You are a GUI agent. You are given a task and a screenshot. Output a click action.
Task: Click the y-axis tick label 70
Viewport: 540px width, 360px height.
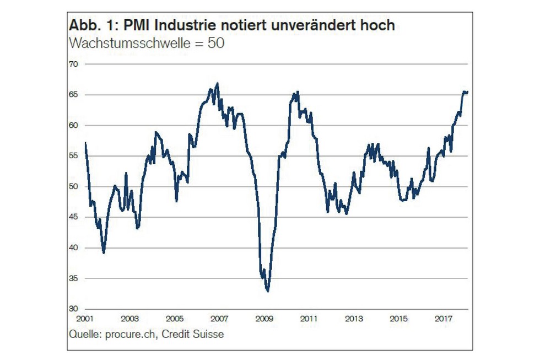[74, 65]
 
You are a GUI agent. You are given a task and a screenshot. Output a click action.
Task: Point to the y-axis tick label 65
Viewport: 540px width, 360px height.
[74, 95]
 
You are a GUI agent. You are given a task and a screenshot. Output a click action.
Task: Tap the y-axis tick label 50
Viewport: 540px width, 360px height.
[74, 186]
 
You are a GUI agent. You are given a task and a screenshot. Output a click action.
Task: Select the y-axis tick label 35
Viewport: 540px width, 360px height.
[74, 278]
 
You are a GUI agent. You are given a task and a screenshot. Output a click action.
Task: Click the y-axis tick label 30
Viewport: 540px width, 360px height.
[74, 308]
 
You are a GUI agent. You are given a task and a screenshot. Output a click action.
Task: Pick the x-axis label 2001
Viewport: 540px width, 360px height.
[84, 319]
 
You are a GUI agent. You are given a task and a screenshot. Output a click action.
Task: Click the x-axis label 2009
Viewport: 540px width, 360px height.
[264, 319]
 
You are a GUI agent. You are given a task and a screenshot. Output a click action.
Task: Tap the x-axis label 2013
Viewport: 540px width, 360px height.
[354, 319]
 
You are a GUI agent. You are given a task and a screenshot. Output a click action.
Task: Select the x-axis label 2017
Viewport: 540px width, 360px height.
[444, 319]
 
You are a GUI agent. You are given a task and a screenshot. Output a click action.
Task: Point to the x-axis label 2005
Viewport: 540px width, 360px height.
[174, 319]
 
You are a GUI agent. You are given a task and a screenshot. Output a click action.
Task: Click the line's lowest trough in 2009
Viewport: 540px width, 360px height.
[268, 291]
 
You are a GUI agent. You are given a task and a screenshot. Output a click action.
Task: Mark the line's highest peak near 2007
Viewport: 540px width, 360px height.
[218, 83]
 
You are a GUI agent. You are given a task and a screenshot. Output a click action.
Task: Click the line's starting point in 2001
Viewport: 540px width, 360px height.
[85, 142]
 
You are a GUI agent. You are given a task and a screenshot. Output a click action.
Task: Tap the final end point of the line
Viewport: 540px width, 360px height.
[468, 92]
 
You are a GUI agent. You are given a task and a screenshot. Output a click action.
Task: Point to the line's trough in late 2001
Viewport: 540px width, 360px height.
[104, 252]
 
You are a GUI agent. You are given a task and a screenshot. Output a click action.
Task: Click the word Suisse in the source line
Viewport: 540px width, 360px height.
[209, 334]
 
